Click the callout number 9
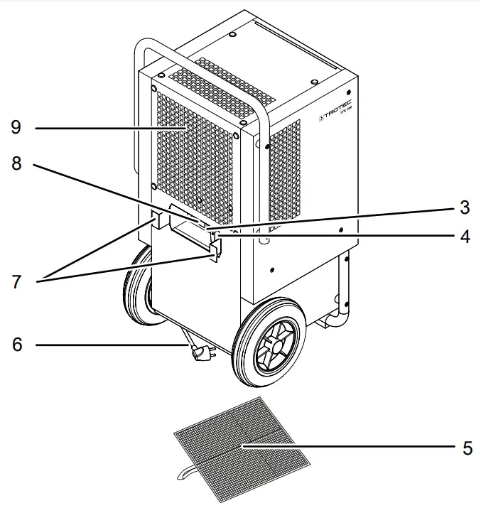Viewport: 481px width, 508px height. [x=16, y=128]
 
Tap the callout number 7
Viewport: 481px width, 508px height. [x=16, y=280]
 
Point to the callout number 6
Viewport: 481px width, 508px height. [x=16, y=345]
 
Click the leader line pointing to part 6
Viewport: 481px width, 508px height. [x=107, y=345]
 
